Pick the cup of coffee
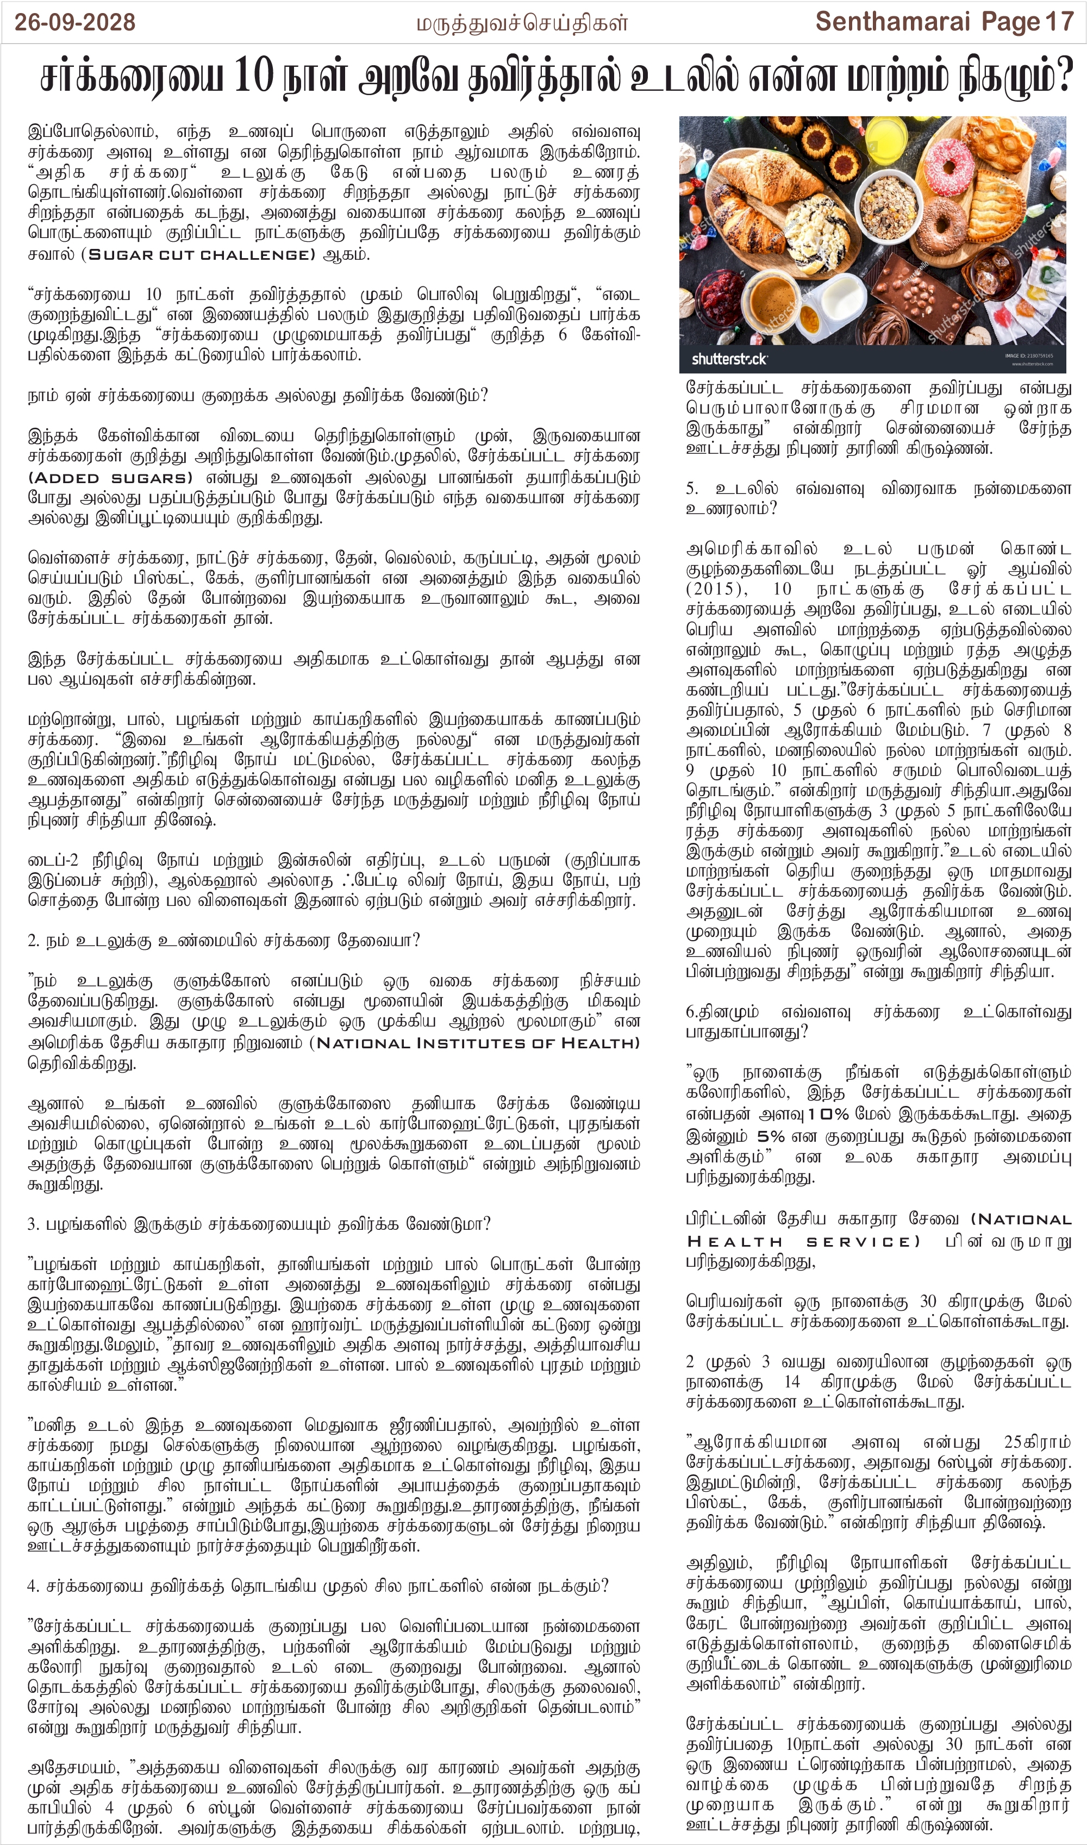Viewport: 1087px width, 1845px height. tap(769, 298)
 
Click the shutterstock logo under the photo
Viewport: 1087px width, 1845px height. tap(729, 359)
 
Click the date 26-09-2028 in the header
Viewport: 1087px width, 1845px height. tap(74, 22)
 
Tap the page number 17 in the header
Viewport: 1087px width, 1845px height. tap(1059, 22)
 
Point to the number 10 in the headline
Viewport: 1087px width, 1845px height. tap(253, 76)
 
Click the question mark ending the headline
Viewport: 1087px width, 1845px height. tap(1061, 76)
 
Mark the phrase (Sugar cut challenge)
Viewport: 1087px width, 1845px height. tap(198, 254)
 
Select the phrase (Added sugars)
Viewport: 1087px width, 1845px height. tap(110, 478)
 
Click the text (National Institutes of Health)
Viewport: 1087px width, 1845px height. tap(474, 1042)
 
